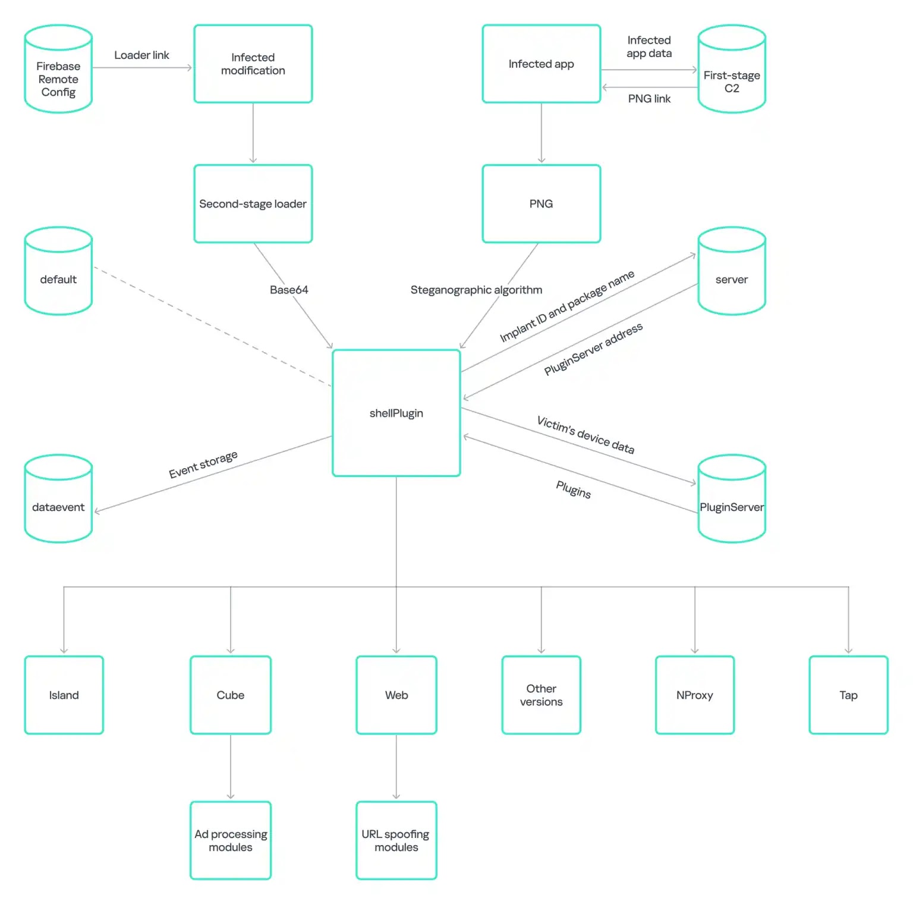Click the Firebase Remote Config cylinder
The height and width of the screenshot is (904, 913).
pos(58,68)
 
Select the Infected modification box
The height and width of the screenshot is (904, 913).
pos(253,64)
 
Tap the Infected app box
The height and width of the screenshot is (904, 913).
pos(541,64)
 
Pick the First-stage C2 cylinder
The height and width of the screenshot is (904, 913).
pos(732,68)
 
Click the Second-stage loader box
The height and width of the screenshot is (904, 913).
pos(253,203)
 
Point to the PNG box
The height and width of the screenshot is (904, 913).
pos(541,203)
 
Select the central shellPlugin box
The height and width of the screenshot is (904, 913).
pos(396,413)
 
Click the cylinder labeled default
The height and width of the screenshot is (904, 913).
pos(58,271)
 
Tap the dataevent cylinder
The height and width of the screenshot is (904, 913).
pos(58,498)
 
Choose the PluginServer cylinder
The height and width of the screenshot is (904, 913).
pos(732,498)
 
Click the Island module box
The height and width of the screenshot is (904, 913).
pos(64,695)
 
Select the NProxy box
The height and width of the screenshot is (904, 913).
pos(695,695)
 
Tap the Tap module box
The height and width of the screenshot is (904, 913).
pos(849,695)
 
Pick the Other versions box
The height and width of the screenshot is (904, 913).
pos(541,695)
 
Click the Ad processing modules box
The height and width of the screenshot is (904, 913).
pos(231,840)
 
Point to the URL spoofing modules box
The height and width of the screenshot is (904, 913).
pos(396,840)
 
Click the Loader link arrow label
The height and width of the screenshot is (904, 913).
pos(141,55)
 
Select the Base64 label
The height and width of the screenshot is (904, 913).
pos(289,290)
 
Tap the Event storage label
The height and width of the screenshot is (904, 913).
pos(203,464)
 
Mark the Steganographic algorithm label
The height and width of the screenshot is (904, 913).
pos(476,290)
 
